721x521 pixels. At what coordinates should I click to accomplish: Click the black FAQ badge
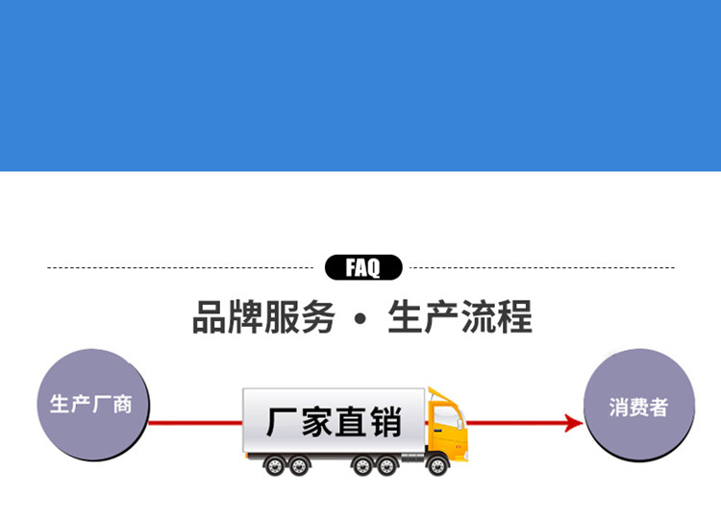coord(362,267)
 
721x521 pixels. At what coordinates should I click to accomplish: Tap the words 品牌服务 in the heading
coord(263,317)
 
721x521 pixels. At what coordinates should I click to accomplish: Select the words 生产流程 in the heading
coord(460,317)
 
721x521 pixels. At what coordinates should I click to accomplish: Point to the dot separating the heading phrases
coord(360,319)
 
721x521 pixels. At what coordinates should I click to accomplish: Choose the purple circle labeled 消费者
coord(638,406)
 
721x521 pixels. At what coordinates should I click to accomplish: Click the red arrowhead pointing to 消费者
coord(574,423)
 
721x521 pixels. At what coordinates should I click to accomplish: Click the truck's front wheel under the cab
coord(437,465)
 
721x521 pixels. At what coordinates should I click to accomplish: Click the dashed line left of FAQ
coord(183,267)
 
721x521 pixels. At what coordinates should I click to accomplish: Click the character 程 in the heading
coord(514,317)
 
